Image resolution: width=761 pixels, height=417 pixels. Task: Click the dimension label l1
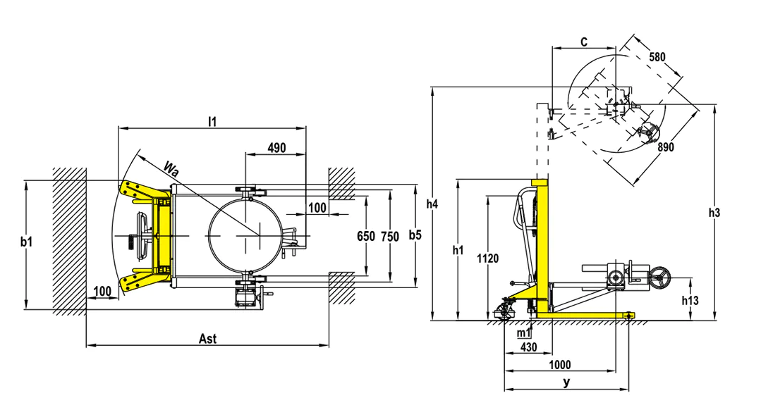point(212,121)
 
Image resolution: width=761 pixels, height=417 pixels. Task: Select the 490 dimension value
point(277,147)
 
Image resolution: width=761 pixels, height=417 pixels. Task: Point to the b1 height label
point(27,242)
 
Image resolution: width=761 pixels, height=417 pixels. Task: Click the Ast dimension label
point(207,339)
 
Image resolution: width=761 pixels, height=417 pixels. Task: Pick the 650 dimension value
point(366,236)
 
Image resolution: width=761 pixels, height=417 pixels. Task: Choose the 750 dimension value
point(389,236)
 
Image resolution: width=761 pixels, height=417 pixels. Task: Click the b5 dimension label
point(415,235)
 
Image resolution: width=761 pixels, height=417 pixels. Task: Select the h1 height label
point(457,250)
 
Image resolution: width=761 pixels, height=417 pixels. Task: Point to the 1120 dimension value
point(487,259)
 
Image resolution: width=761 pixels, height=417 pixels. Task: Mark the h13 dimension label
point(690,301)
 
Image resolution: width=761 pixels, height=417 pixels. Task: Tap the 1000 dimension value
point(560,365)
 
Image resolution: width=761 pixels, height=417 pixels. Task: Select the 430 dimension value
point(528,347)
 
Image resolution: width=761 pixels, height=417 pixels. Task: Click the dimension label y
point(566,382)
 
